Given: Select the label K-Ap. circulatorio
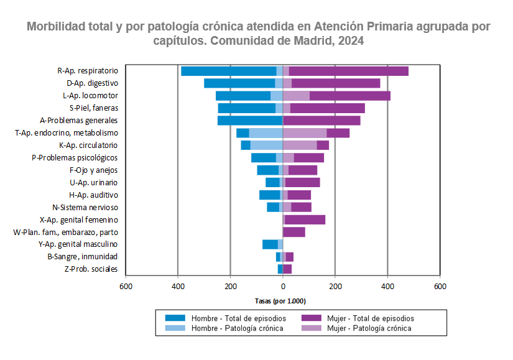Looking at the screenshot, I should [88, 145].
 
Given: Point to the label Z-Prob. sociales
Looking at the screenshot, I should [91, 269].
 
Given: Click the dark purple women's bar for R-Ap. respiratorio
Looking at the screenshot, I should [348, 71].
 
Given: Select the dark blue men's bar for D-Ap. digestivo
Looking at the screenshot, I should [239, 83].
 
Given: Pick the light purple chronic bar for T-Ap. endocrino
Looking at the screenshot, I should [305, 133].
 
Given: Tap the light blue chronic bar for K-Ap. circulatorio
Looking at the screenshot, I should [266, 145].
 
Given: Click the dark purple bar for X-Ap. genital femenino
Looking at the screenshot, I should [305, 219].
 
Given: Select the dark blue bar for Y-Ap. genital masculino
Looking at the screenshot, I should [270, 244].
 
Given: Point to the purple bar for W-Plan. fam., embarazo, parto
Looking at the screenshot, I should [294, 232].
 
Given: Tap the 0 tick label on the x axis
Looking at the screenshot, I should [283, 287].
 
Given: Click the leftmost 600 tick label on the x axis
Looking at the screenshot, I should [126, 287].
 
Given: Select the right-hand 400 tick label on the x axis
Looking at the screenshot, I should [387, 287].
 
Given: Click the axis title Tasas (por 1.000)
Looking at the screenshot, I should [280, 301].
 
